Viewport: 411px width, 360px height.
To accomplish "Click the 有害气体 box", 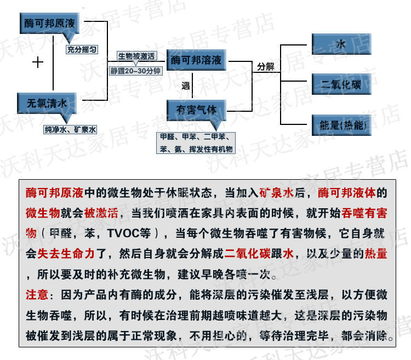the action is [196, 108].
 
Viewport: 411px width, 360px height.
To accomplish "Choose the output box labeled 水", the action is [341, 44].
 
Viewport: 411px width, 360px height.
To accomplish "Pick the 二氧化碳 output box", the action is [341, 84].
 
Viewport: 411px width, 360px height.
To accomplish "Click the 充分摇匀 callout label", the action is [82, 49].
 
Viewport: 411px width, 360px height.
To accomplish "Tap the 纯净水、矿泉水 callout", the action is [70, 130].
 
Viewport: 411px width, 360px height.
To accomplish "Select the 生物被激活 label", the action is [136, 56].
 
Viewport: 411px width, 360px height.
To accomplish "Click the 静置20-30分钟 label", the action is [135, 71].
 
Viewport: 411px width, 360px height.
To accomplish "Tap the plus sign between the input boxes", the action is [37, 62].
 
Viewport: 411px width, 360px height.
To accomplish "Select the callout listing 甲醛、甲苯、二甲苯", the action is [196, 142].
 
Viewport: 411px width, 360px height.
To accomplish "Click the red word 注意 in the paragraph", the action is [37, 294].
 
